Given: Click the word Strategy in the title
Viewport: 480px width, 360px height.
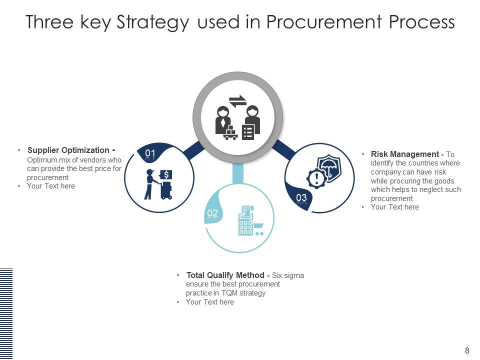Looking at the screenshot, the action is pos(152,22).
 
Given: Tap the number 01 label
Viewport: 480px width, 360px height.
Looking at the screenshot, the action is pos(150,153).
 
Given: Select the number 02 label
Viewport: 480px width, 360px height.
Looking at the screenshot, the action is pos(212,213).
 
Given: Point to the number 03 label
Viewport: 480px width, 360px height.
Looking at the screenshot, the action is pos(301,198).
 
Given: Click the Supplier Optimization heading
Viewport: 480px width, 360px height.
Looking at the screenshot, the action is pos(68,150).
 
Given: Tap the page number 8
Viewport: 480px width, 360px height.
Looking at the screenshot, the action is pos(467,350).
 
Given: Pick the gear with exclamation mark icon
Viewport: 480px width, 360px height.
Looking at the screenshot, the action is pos(316,178).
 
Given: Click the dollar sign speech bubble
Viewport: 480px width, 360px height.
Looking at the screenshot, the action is pos(166,174).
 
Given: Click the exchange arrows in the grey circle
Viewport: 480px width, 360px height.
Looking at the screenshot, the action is pos(237,101).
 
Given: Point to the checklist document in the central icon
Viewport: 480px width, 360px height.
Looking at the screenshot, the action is pos(248,131).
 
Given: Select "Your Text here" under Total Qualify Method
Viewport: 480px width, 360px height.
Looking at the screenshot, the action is pos(209,302).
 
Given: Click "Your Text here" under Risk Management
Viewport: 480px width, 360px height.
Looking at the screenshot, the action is pos(394,207).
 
